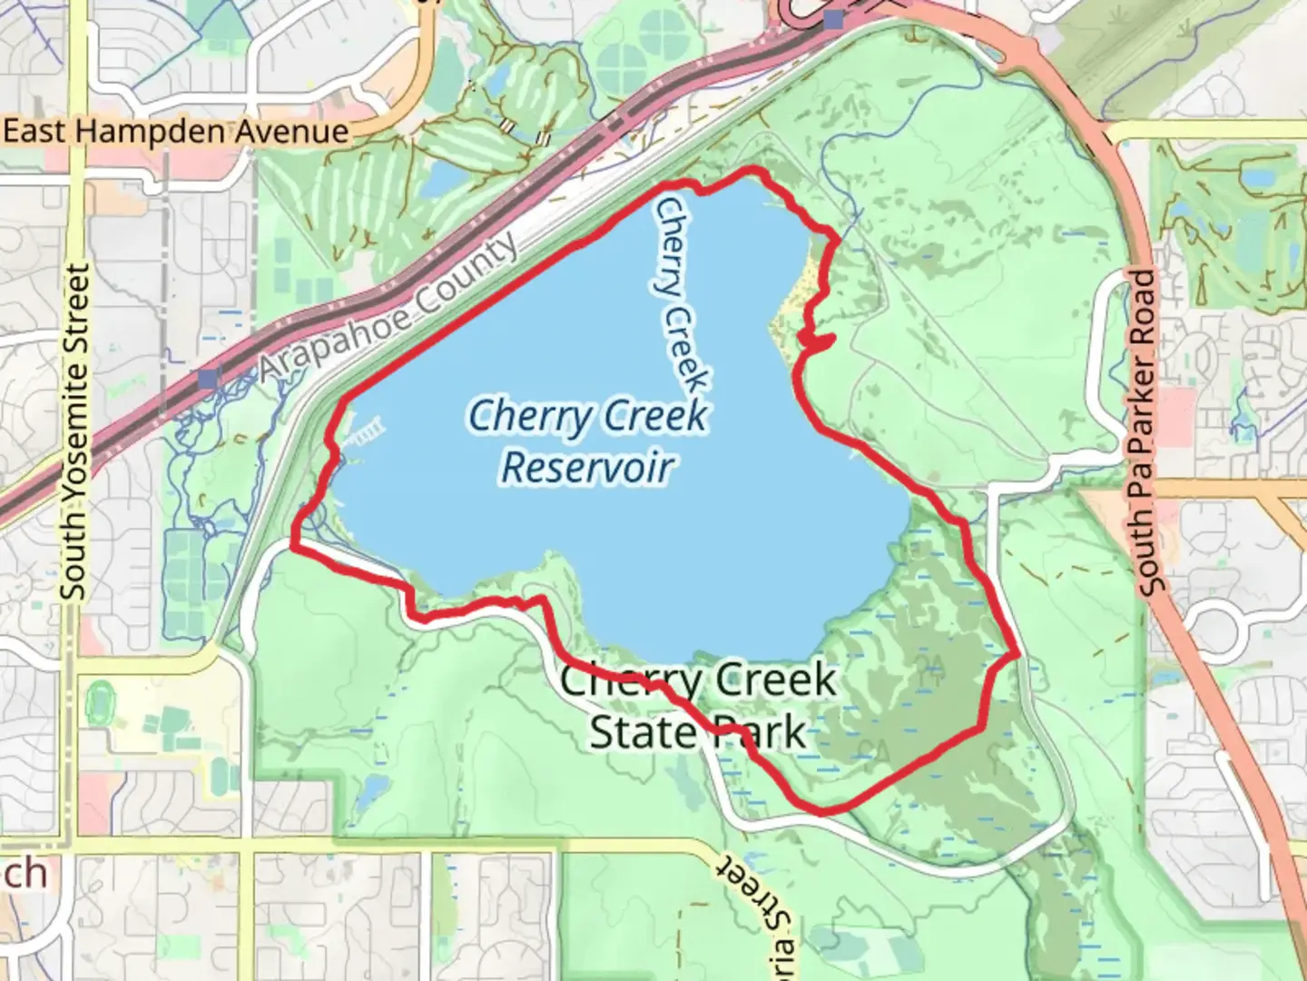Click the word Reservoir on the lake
pos(587,467)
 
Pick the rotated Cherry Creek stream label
pos(682,295)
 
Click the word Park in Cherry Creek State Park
pos(759,732)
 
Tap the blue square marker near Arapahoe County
pos(210,377)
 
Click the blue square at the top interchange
pos(834,20)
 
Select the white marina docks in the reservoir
pos(363,431)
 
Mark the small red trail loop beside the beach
pos(817,341)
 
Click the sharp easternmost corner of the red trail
pos(1017,652)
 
